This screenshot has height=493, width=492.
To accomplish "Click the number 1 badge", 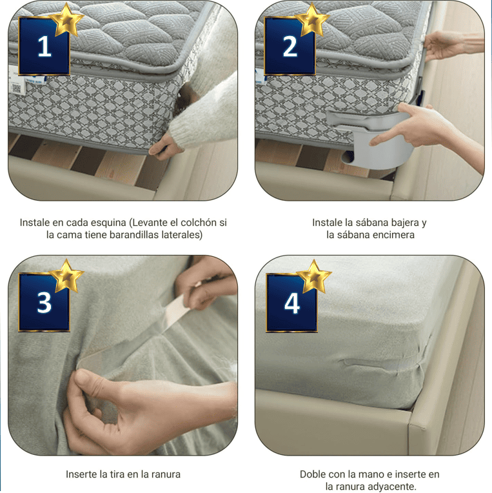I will [x=44, y=47].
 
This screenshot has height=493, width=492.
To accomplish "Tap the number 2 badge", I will [x=290, y=47].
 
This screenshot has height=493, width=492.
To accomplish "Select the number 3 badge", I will [x=44, y=303].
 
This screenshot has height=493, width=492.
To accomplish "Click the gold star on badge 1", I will [x=68, y=21].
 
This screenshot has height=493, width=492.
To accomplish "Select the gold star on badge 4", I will [x=314, y=276].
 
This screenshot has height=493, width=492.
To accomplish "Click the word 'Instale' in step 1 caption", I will [x=35, y=223].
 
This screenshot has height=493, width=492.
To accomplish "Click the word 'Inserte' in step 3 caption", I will [x=81, y=474].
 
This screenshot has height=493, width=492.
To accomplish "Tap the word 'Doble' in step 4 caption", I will [x=313, y=474].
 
